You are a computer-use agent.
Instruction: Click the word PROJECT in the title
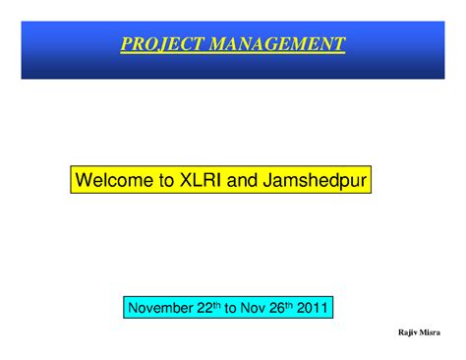click(x=153, y=44)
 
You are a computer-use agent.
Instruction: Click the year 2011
click(x=316, y=308)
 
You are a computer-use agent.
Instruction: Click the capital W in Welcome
click(x=84, y=180)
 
